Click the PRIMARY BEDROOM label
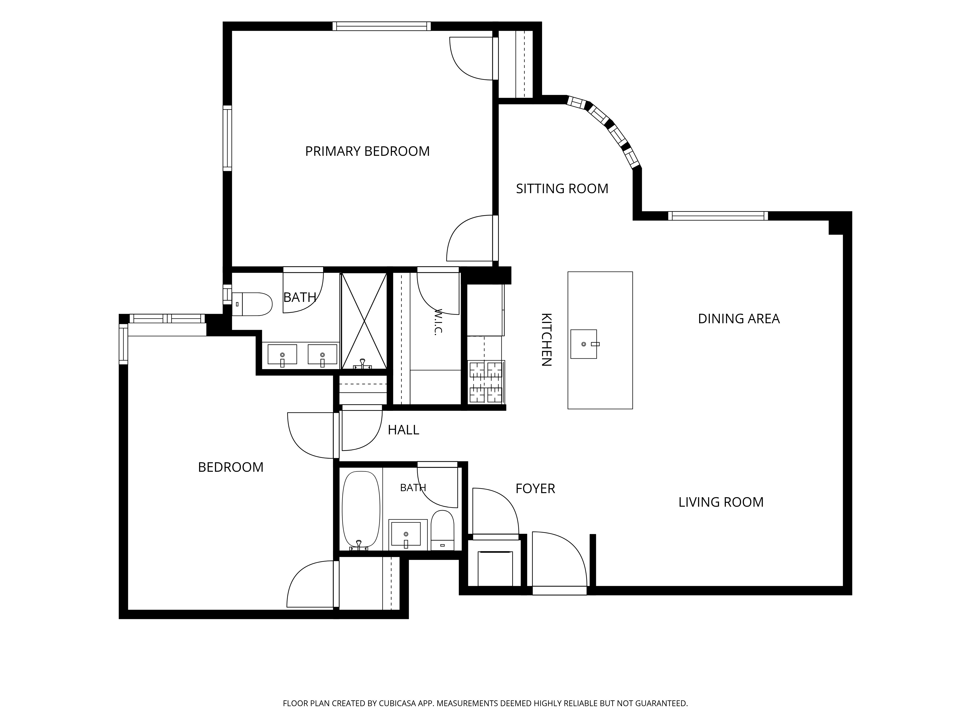[x=368, y=151]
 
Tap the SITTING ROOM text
[x=562, y=189]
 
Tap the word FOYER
[x=535, y=488]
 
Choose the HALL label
[x=403, y=430]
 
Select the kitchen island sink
[x=584, y=344]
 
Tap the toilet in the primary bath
[x=252, y=304]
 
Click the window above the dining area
[x=718, y=216]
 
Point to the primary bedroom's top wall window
[x=381, y=26]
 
